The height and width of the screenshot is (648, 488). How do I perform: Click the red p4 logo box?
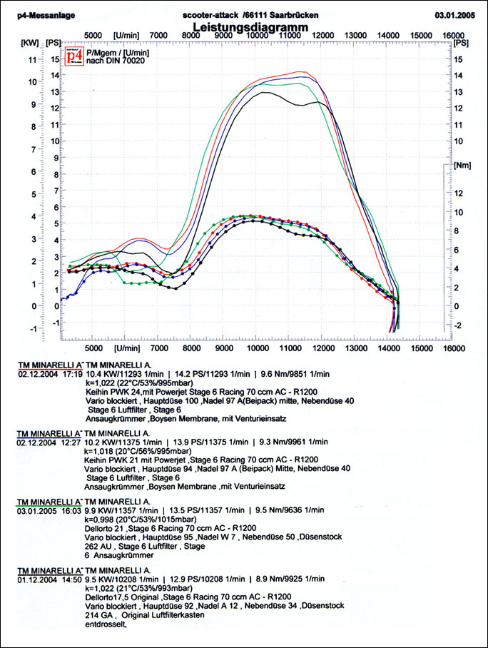pyautogui.click(x=73, y=56)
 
